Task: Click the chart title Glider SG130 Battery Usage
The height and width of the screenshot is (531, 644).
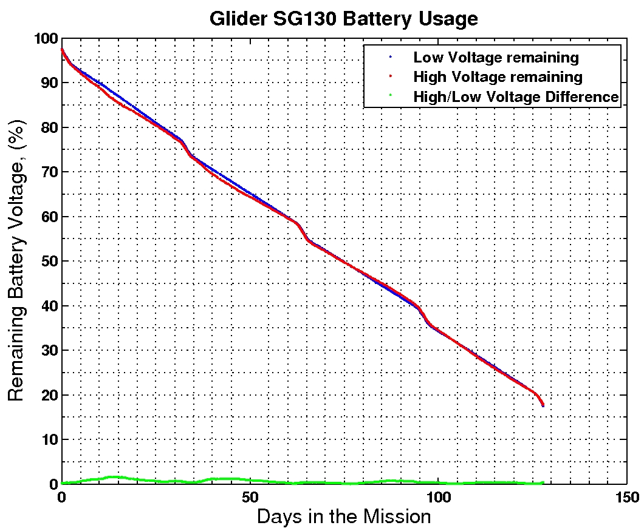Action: click(343, 19)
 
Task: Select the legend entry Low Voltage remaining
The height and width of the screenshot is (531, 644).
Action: click(496, 58)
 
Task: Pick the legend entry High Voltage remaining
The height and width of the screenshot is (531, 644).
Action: click(498, 77)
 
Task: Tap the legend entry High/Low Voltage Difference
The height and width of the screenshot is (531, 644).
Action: click(516, 96)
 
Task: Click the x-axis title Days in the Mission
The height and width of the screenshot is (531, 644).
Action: click(344, 517)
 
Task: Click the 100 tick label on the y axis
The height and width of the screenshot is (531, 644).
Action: click(46, 39)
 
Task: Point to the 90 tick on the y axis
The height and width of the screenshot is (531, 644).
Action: click(49, 83)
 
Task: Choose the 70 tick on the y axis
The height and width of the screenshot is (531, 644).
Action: click(49, 172)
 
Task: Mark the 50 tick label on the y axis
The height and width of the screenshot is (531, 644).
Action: click(49, 262)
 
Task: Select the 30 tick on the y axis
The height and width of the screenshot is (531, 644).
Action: click(49, 351)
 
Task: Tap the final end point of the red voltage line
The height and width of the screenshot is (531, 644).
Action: click(543, 405)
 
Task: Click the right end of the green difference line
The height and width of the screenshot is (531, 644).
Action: click(543, 482)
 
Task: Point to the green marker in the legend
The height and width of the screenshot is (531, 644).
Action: click(390, 96)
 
